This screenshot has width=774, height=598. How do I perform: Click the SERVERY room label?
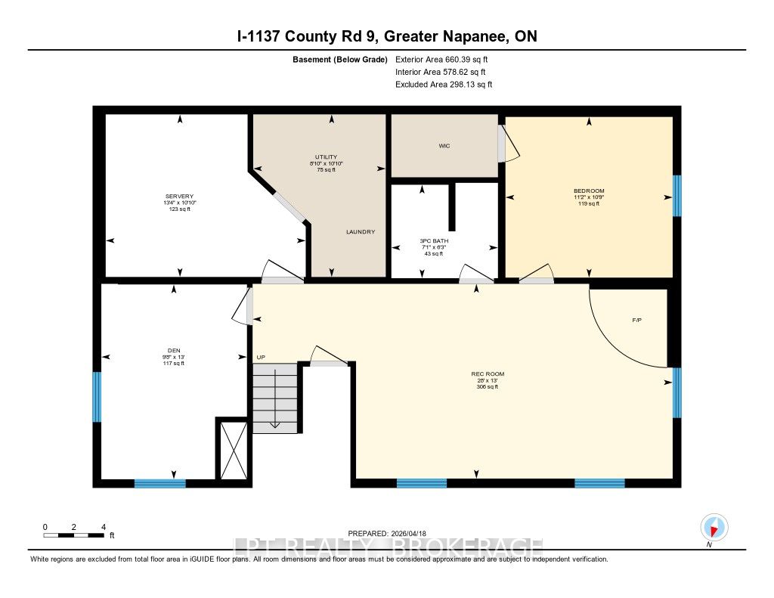pos(179,196)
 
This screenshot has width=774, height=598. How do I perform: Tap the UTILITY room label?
pos(327,157)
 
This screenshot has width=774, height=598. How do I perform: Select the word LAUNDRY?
pos(361,231)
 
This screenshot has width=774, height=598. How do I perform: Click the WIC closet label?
pos(444,146)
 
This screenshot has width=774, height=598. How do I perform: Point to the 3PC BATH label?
pos(434,241)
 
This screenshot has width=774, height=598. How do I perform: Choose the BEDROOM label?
pos(589,191)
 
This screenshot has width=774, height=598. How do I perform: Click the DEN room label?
pos(174,351)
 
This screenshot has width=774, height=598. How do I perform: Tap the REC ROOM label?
pos(488,374)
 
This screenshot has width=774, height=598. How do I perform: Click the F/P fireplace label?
pos(636,321)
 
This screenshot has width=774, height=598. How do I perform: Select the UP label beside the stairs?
pos(261,358)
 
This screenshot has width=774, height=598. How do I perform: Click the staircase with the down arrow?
pos(275,398)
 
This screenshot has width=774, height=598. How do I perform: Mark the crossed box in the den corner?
pos(234,450)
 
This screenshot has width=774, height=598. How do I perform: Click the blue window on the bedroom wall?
pos(677,196)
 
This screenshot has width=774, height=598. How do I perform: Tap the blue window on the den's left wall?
pos(97,397)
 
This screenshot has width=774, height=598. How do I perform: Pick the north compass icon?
pos(714,528)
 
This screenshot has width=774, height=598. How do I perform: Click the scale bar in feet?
pos(74,535)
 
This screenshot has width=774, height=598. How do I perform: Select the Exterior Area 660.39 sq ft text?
pos(441,59)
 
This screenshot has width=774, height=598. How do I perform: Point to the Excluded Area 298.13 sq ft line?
pos(444,85)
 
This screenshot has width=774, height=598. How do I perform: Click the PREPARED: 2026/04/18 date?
pos(387,533)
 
